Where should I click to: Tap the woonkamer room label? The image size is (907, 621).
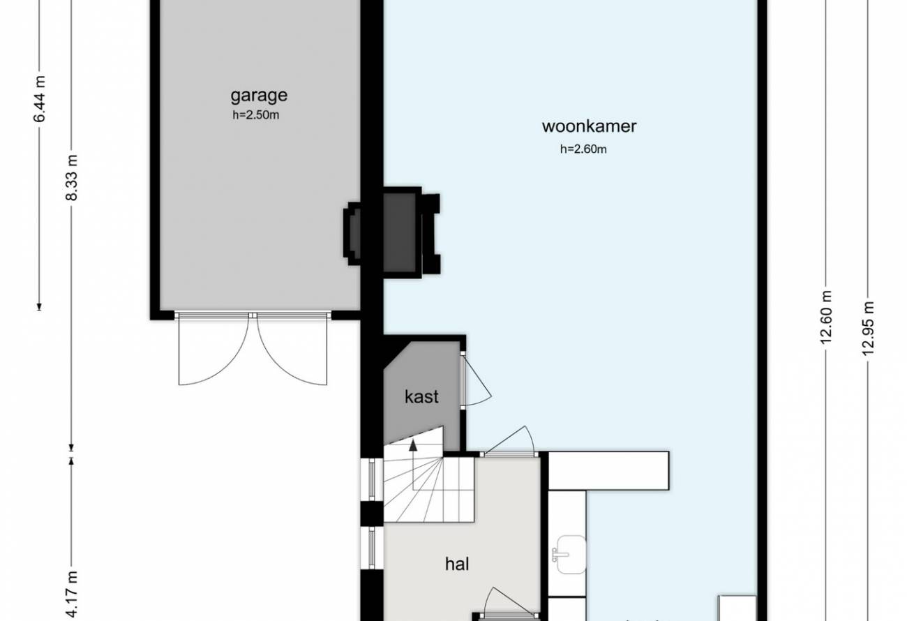coord(589,126)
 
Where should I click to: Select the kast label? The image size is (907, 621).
coord(421,396)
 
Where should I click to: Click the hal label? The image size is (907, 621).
coord(457,564)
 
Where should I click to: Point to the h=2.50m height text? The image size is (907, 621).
coord(256,115)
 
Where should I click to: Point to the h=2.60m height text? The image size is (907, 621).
coord(583,149)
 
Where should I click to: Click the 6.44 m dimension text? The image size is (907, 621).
coord(40,99)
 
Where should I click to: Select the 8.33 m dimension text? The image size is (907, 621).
coord(72,177)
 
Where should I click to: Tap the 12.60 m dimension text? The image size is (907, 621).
coord(825,317)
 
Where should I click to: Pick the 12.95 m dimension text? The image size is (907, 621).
coord(868,329)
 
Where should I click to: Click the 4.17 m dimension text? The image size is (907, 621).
coord(72,596)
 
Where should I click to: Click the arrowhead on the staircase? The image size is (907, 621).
coord(413,446)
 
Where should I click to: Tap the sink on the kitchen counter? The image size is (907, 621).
coord(569,554)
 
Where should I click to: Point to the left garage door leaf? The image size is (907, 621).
coord(213,349)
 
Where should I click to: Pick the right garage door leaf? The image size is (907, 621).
coord(292,349)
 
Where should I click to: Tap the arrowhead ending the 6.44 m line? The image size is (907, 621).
coord(39,307)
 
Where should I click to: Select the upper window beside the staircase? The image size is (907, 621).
coord(372,479)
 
